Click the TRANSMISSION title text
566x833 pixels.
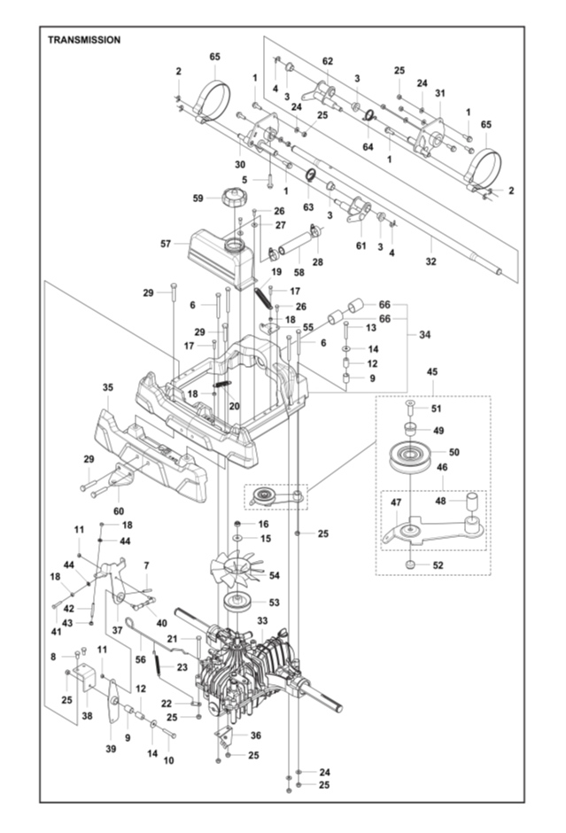[84, 40]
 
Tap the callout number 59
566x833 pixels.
[199, 198]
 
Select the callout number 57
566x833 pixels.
[165, 242]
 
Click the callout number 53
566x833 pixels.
[273, 603]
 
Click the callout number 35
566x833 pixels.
[108, 387]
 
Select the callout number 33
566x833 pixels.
[262, 622]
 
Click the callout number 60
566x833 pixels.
[118, 511]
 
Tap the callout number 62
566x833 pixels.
[328, 61]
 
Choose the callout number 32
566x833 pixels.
[431, 263]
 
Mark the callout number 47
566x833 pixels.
[395, 502]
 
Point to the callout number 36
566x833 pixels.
[256, 735]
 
